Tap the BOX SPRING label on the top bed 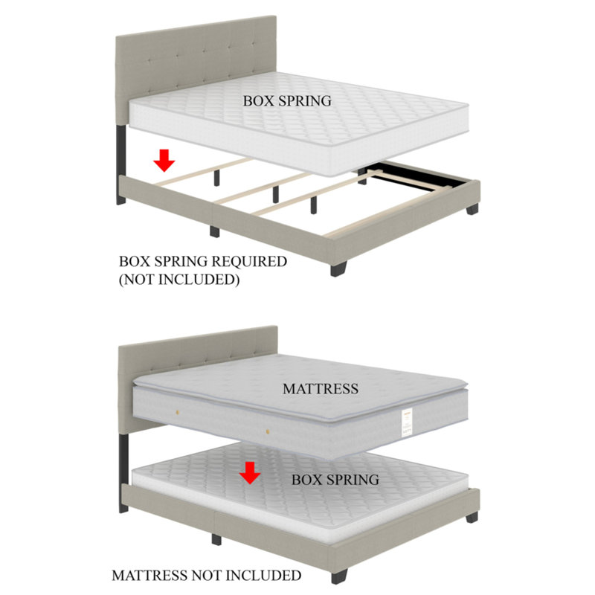click(x=287, y=101)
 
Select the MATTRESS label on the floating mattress click(x=321, y=388)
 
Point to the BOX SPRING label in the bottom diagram click(x=335, y=480)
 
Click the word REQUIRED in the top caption click(x=248, y=262)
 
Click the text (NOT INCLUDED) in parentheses click(x=179, y=280)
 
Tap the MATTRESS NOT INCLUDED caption click(x=206, y=575)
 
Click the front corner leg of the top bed click(x=338, y=267)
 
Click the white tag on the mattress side click(x=408, y=422)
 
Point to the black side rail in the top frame click(x=416, y=177)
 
